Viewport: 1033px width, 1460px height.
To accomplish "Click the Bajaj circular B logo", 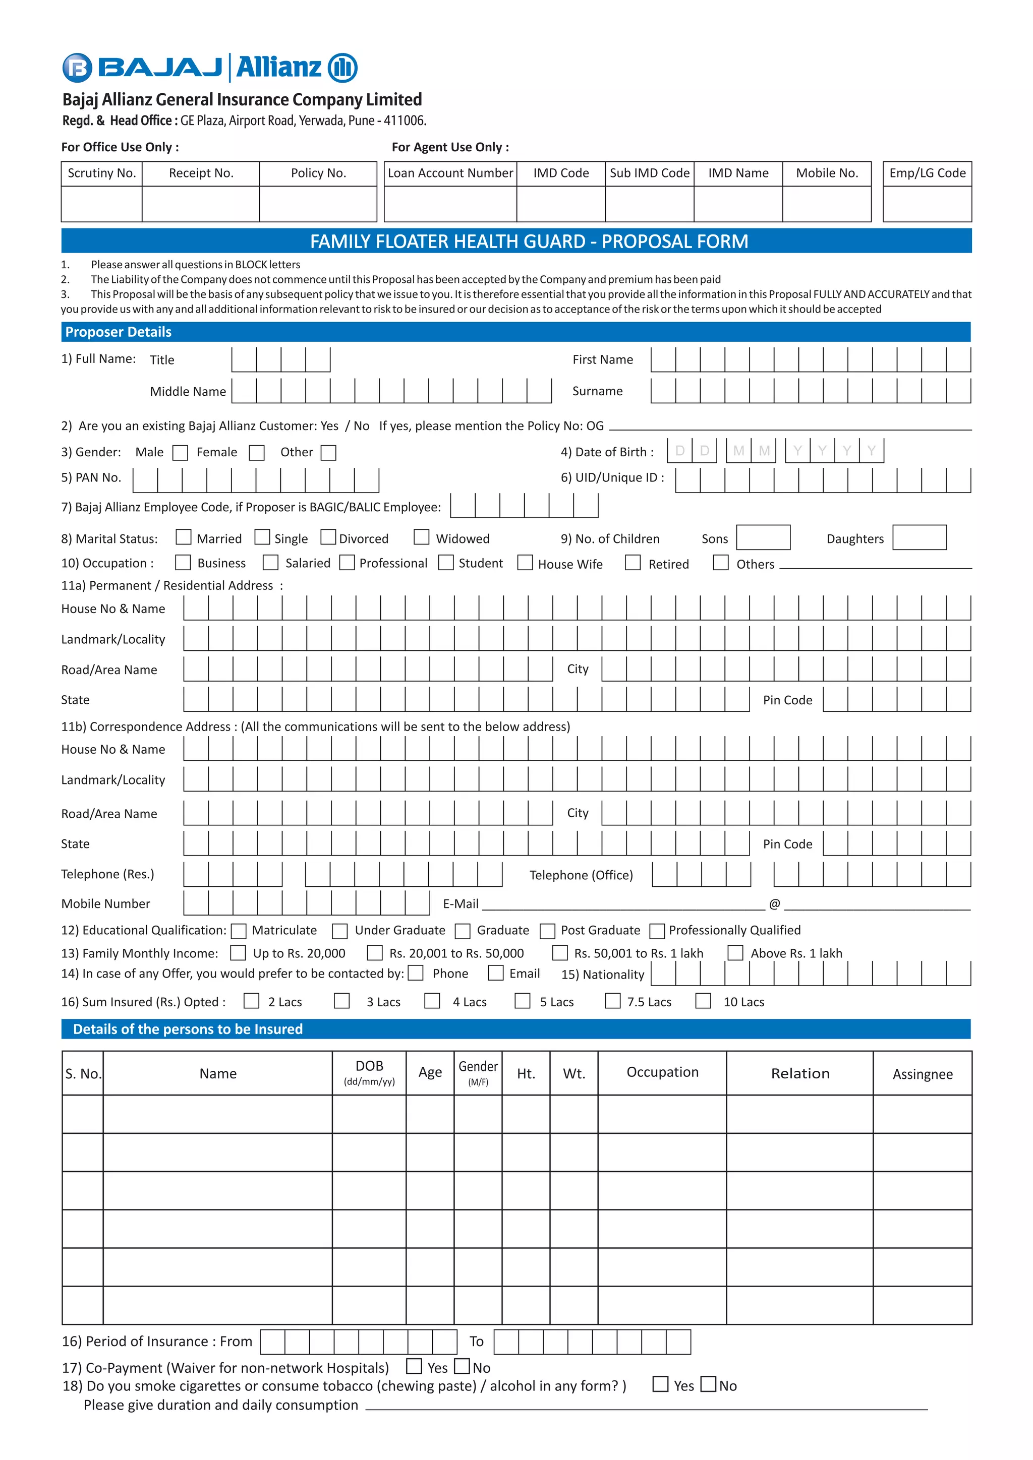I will (x=77, y=68).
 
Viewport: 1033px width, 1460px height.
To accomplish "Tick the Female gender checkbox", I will (x=256, y=453).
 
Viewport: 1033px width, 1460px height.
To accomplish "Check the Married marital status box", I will (x=183, y=537).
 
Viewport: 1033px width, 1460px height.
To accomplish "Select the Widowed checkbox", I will (x=421, y=537).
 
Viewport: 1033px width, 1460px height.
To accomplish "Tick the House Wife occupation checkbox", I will (x=525, y=563).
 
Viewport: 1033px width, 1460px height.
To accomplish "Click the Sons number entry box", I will (x=763, y=537).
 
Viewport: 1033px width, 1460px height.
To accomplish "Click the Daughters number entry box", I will (x=919, y=537).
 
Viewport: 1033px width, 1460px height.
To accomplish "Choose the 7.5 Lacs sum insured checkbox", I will (x=612, y=1001).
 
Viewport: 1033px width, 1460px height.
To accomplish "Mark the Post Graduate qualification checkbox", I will (x=547, y=931).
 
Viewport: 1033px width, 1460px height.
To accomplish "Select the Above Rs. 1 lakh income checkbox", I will (x=735, y=952).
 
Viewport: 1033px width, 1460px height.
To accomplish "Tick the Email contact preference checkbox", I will (x=495, y=973).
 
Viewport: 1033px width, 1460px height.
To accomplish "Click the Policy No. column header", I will (x=318, y=173).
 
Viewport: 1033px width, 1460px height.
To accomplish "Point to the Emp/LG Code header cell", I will (x=927, y=173).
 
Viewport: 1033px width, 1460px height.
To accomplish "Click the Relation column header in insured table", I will (x=799, y=1073).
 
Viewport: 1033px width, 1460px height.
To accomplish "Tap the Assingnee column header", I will (x=923, y=1074).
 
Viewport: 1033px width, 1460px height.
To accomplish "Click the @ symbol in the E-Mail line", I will (x=774, y=903).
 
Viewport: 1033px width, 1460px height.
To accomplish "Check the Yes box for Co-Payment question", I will (x=414, y=1366).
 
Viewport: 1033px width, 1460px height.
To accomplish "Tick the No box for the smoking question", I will (x=708, y=1384).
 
